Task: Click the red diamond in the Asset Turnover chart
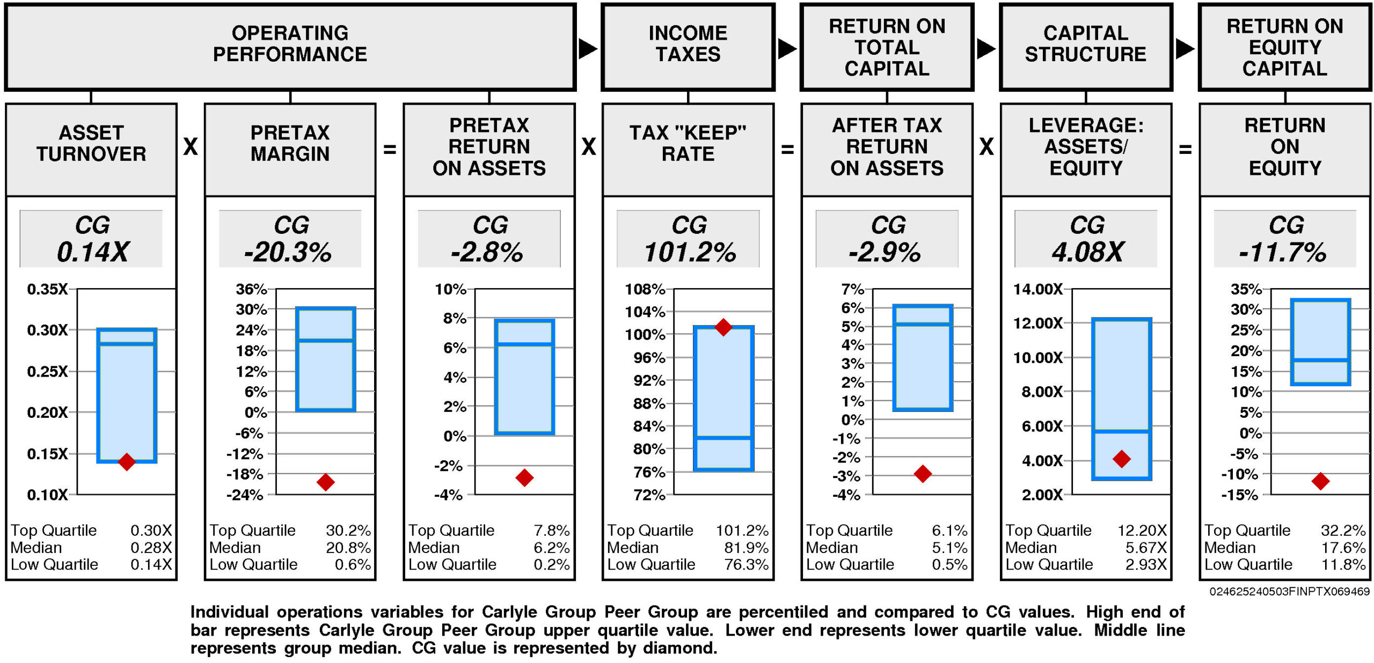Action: click(x=127, y=461)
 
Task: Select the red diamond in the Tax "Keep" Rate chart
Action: click(x=723, y=327)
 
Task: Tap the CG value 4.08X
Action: click(x=1087, y=252)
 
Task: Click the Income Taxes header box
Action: click(x=688, y=47)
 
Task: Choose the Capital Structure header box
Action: click(x=1086, y=47)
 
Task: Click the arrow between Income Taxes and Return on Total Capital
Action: click(x=787, y=49)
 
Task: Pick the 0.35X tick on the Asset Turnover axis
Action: click(x=48, y=289)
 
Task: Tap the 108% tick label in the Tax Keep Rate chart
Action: click(x=645, y=289)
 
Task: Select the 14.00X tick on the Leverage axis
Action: click(x=1037, y=289)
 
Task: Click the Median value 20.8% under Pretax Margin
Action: click(x=348, y=548)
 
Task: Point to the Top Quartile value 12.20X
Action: click(x=1142, y=531)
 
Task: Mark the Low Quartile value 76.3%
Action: click(x=746, y=564)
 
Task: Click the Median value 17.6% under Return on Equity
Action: click(x=1343, y=548)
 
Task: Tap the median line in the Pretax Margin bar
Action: click(x=326, y=340)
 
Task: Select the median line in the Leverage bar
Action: click(x=1122, y=430)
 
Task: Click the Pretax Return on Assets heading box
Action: click(x=489, y=148)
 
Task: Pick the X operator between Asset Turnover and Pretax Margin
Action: click(x=191, y=146)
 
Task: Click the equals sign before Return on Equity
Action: click(x=1185, y=149)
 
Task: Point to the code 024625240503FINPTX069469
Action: click(x=1289, y=591)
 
